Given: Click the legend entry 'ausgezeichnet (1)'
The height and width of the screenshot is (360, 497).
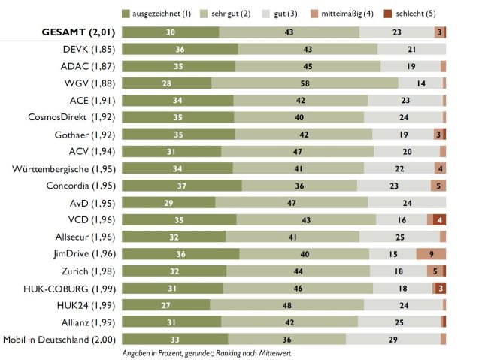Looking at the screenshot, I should tap(159, 13).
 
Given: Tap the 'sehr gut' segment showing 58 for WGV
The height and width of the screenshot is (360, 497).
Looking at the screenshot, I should tap(305, 83).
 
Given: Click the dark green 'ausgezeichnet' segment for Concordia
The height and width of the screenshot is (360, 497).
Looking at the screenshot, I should tap(181, 185).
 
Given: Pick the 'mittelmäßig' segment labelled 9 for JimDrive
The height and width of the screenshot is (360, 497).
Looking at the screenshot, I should tap(431, 253).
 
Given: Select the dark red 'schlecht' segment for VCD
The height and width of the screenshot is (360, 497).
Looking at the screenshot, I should tap(439, 219).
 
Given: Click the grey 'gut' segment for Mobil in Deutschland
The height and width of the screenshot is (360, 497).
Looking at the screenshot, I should tap(393, 338).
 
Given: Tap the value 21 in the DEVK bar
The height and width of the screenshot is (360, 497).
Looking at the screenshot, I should tap(411, 50).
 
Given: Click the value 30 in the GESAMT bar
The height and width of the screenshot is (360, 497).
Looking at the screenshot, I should tap(171, 32).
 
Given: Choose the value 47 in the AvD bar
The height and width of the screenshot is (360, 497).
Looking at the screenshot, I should tap(291, 202).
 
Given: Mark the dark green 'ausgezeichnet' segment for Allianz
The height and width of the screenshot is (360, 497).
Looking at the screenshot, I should tap(171, 322).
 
